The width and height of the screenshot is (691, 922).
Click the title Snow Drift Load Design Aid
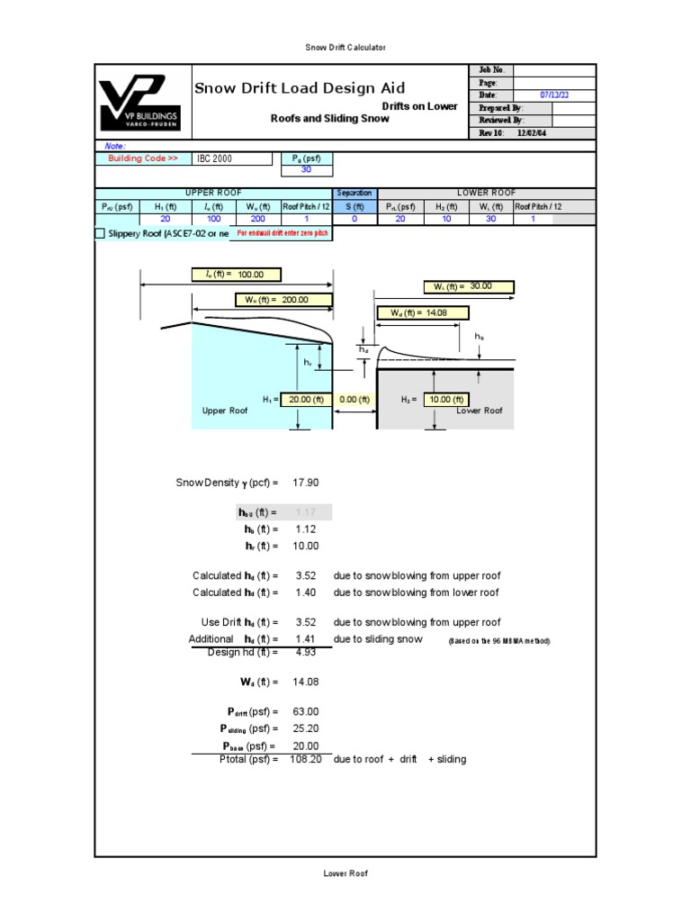click(300, 88)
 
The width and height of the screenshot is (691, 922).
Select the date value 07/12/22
click(554, 95)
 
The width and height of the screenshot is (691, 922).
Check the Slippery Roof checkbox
click(100, 234)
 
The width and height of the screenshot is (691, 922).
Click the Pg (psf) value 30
click(307, 169)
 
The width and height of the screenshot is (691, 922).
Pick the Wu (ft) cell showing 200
click(257, 219)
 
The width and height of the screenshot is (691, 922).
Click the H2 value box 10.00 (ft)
click(445, 400)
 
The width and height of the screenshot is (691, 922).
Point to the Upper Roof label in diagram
click(224, 411)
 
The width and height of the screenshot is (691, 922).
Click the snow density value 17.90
click(306, 484)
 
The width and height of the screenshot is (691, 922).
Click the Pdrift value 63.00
click(306, 711)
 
